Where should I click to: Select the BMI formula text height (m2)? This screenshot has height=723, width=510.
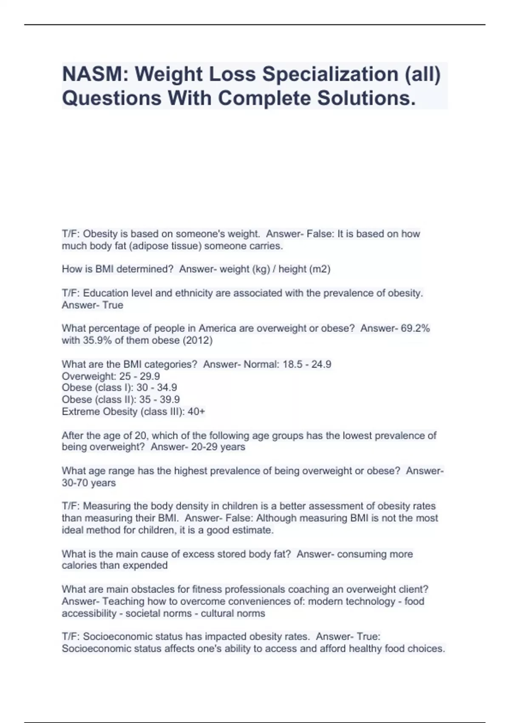point(304,269)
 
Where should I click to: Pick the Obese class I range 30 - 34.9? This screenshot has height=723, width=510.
point(156,388)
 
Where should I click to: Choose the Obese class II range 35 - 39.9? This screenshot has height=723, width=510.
point(159,400)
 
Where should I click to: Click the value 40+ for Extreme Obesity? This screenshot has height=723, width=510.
point(196,412)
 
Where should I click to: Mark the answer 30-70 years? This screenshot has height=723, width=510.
point(89,483)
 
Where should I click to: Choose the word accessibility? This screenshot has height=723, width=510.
point(89,613)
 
